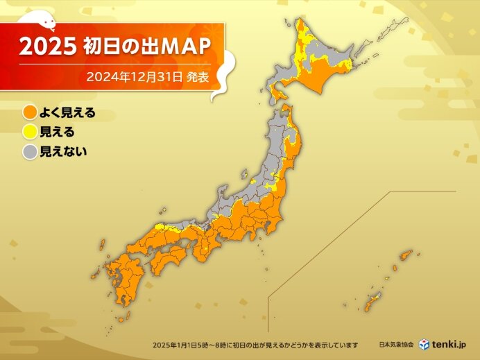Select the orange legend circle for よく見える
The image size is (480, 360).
(30, 112)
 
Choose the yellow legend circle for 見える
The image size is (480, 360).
(30, 132)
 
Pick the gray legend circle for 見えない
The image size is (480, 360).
(30, 153)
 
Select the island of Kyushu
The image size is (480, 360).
(124, 277)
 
